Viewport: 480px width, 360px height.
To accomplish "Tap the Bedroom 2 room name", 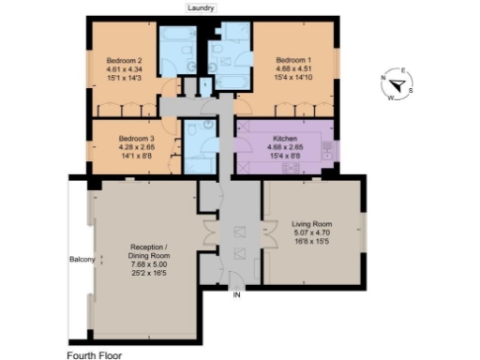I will pyautogui.click(x=124, y=60).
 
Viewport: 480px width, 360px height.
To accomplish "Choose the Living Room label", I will pyautogui.click(x=311, y=224).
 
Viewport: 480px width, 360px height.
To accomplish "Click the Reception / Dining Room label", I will pyautogui.click(x=149, y=250).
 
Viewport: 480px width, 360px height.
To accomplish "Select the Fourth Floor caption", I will pyautogui.click(x=94, y=354).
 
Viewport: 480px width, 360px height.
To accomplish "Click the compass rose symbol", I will pyautogui.click(x=397, y=85).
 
